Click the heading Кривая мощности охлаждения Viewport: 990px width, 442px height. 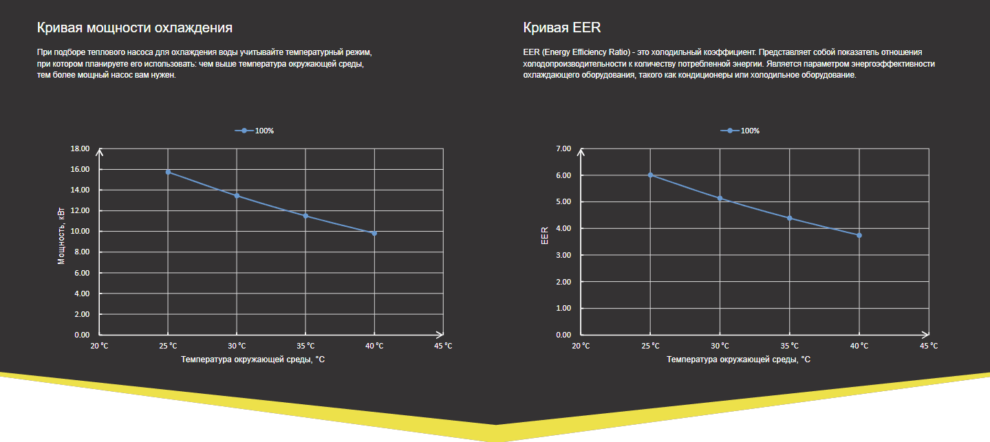click(134, 28)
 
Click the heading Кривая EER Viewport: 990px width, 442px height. click(562, 28)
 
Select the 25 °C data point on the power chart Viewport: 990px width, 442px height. click(168, 172)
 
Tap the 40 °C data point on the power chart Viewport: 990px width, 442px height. click(374, 233)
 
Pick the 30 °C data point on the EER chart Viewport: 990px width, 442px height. click(720, 198)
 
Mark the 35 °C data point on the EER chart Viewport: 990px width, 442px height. click(790, 218)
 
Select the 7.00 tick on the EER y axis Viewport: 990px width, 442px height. click(563, 148)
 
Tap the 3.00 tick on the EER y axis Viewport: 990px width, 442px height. click(563, 255)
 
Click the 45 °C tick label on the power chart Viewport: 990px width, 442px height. click(444, 345)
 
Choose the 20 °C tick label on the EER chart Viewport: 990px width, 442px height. click(581, 345)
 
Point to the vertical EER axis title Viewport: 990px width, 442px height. click(544, 236)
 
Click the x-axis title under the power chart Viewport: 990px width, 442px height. click(252, 359)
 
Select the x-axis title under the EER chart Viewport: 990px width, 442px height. click(738, 359)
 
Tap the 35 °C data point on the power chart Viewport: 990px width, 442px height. click(305, 216)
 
